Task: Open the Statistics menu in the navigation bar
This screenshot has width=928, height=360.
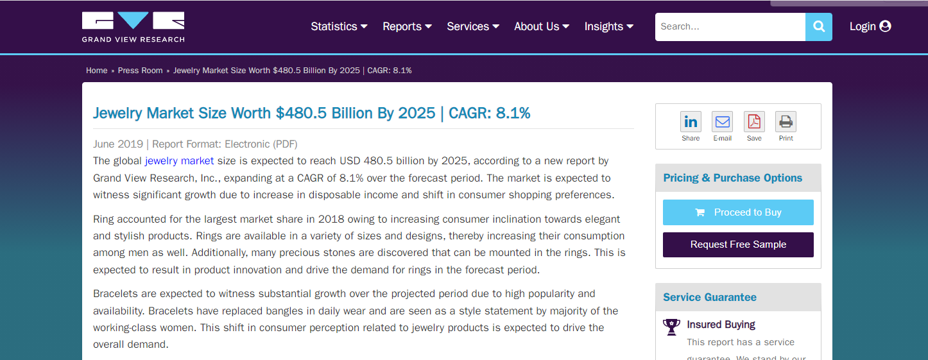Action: pos(339,26)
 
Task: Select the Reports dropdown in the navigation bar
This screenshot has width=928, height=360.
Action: pos(407,26)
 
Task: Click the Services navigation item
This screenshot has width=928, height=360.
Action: pos(472,26)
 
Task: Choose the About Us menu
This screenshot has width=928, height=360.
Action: pos(541,26)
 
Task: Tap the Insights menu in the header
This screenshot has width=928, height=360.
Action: pos(608,26)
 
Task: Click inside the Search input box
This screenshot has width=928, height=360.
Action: pos(730,27)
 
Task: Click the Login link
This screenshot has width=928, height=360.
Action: pos(870,26)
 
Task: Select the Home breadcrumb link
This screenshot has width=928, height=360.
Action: pos(97,71)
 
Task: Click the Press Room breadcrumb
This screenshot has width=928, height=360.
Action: pos(140,71)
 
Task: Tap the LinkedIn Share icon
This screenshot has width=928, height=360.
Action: pos(691,121)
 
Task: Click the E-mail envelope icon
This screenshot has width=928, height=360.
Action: pos(722,121)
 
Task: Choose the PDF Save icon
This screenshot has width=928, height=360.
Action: pos(754,121)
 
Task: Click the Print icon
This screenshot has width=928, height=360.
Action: pos(786,121)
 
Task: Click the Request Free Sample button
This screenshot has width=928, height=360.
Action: pos(738,244)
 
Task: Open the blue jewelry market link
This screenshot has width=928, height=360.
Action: pos(179,160)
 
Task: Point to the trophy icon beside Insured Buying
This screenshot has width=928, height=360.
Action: pos(671,327)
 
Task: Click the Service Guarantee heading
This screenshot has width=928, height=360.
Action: pos(709,297)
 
